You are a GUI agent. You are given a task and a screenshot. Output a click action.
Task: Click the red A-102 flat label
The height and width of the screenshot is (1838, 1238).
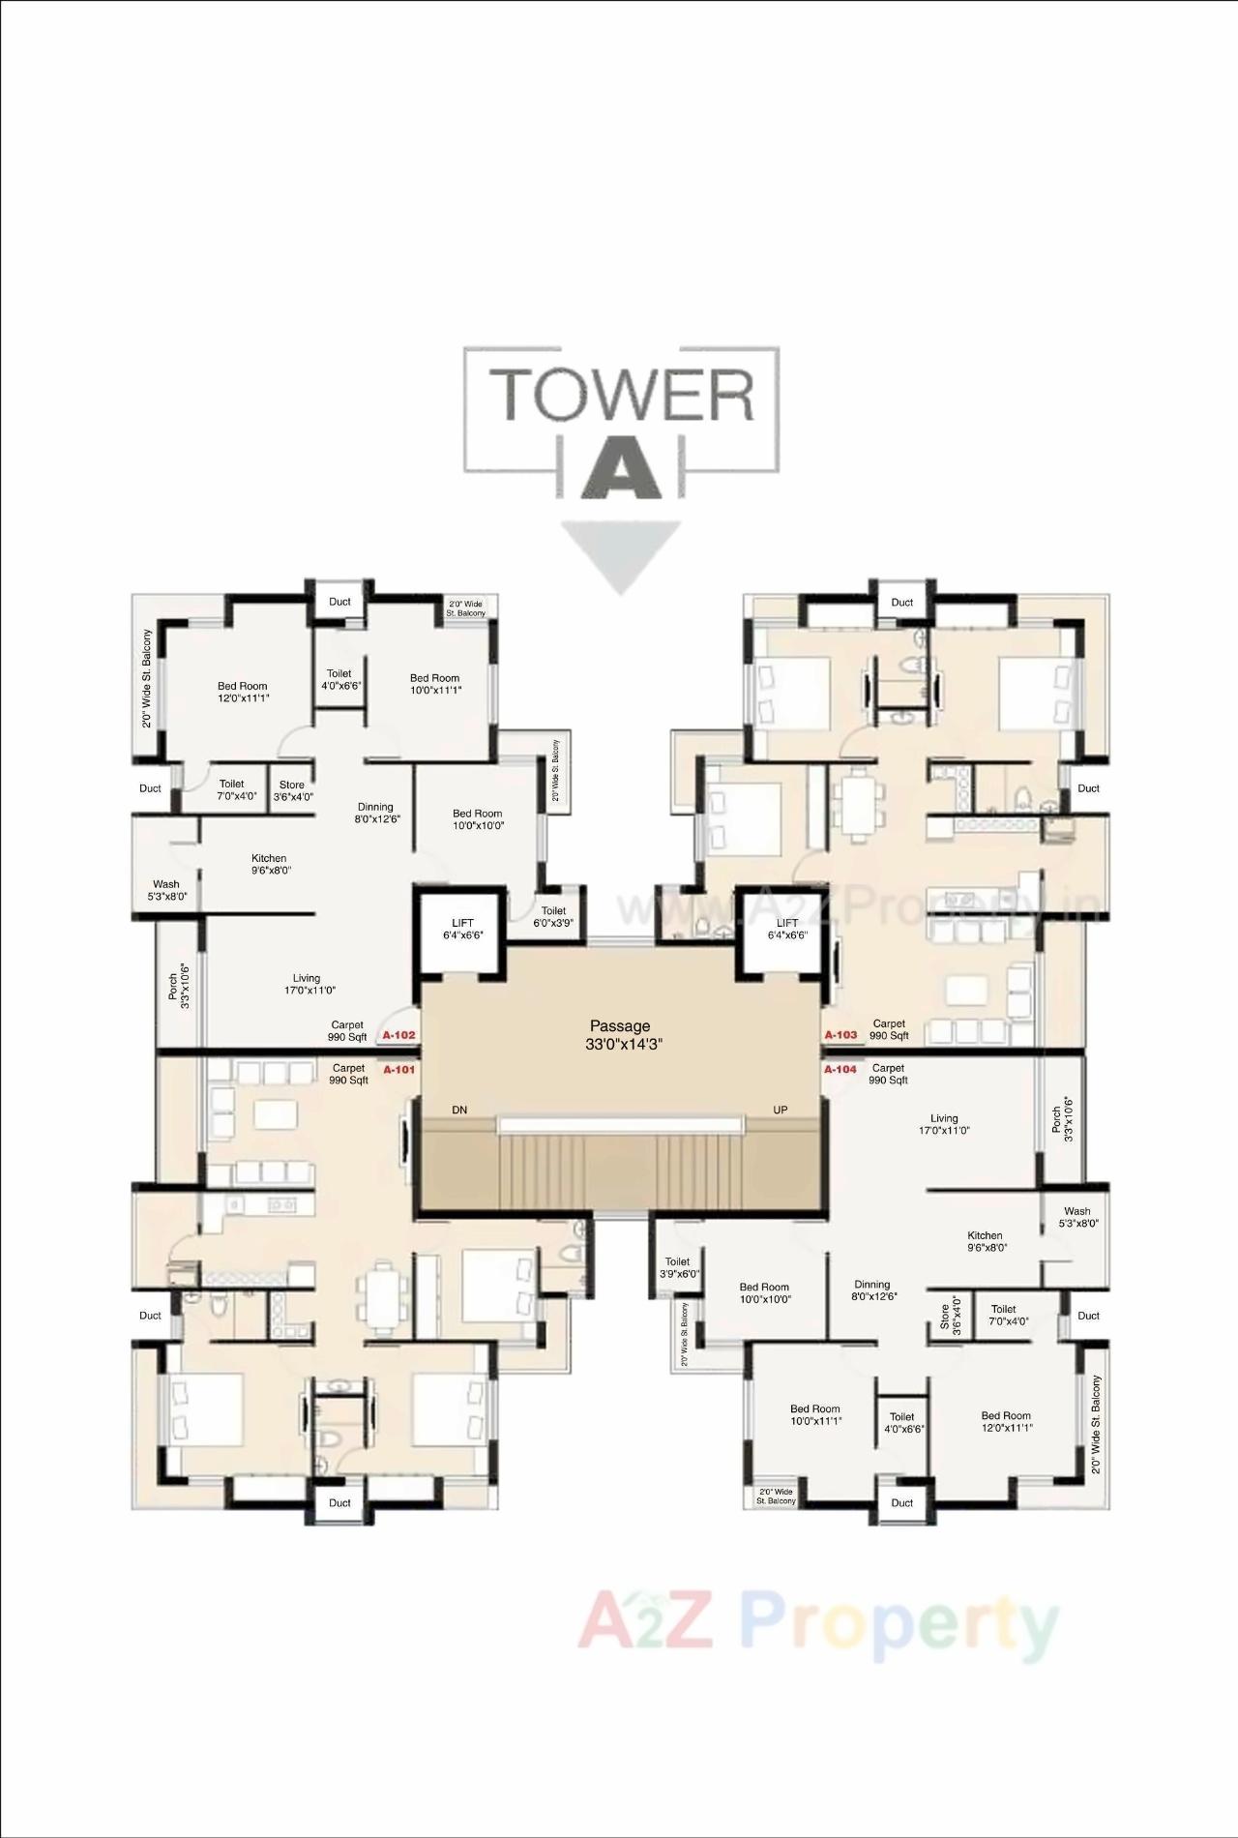coord(398,1034)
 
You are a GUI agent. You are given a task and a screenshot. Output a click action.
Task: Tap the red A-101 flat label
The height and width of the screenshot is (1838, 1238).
coord(398,1070)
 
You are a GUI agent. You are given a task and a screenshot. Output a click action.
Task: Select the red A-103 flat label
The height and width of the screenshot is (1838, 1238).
coord(840,1034)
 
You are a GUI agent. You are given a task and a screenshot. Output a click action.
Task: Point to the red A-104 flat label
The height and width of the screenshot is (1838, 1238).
coord(840,1069)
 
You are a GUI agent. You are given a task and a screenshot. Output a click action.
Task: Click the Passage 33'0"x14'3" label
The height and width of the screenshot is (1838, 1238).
coord(620,1034)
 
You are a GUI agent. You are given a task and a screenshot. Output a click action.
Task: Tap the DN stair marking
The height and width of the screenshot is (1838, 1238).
coord(459,1110)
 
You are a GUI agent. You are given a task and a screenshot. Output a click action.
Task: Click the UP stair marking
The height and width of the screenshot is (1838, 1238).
coord(781,1110)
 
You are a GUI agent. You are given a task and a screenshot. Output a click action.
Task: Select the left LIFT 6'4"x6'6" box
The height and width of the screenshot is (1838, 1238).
coord(462,929)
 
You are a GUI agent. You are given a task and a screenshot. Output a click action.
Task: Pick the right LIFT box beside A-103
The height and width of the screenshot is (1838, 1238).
coord(786,929)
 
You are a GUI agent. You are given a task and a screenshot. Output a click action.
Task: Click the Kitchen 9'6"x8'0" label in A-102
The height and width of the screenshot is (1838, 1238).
coord(269,864)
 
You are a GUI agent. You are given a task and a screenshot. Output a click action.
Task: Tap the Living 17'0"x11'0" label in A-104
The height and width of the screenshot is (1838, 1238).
coord(944,1124)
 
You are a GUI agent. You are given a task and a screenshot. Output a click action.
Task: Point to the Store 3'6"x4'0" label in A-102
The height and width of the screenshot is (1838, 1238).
coord(292,790)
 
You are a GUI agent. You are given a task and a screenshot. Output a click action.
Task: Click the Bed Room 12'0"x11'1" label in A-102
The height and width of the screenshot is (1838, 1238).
coord(242,692)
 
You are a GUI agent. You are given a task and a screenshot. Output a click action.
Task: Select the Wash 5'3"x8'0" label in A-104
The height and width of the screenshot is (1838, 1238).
coord(1076,1217)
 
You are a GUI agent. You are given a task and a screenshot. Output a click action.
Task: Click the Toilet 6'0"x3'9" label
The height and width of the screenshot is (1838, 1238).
coord(553,916)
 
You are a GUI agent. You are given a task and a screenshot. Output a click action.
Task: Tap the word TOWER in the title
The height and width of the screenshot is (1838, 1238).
coord(622,394)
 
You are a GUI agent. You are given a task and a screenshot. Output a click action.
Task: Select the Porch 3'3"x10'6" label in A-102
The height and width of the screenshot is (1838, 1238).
coord(179,985)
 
